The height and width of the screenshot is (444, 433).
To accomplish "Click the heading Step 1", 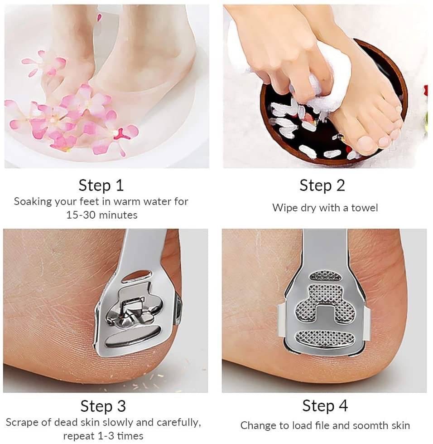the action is pos(101,186).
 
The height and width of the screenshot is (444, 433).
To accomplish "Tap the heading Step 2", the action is pos(322,186).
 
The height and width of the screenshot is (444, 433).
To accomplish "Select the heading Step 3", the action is pos(103,406).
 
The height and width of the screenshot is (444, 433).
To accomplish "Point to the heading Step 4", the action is pos(325,405).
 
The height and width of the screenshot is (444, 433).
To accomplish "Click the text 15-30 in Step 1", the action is pos(77,215).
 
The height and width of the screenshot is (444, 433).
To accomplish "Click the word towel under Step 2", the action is pos(365,208).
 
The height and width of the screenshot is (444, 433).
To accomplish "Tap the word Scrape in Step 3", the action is pos(21,423).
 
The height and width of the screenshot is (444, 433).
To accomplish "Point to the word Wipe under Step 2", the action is pos(285,208).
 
